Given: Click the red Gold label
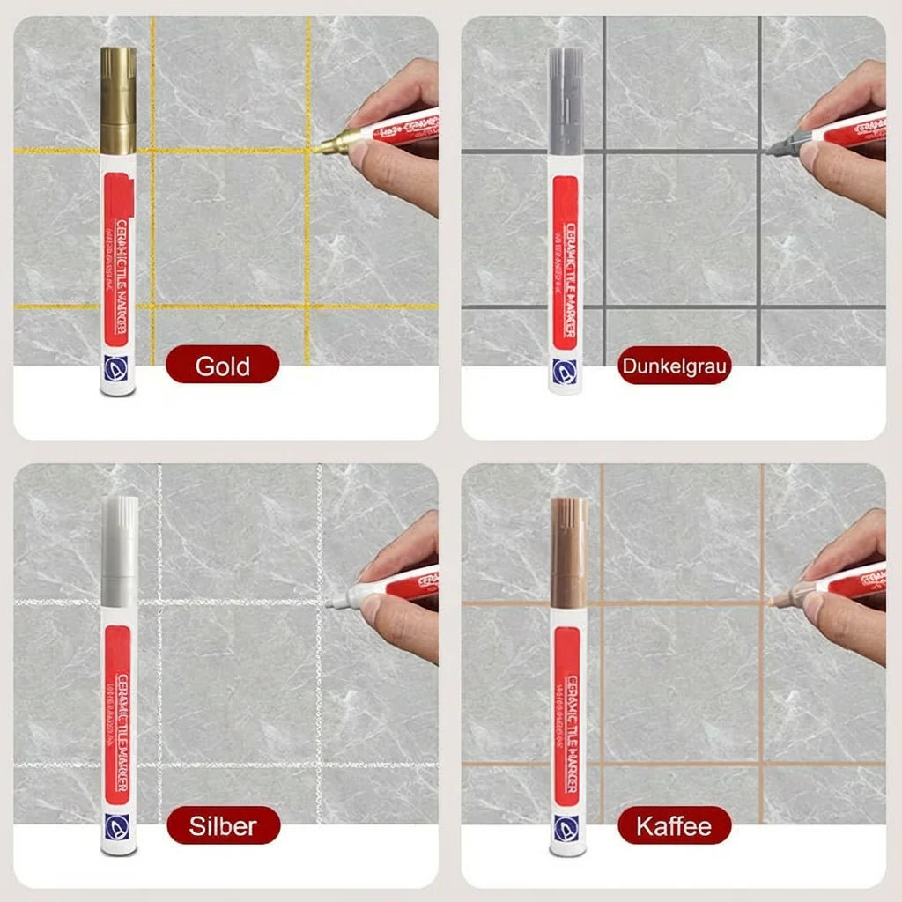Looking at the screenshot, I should pyautogui.click(x=222, y=365).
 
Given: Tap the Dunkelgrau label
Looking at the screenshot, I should pyautogui.click(x=675, y=366).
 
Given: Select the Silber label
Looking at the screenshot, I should pyautogui.click(x=223, y=826).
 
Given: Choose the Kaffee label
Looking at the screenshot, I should pyautogui.click(x=674, y=826).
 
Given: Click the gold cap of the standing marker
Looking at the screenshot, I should pyautogui.click(x=118, y=99).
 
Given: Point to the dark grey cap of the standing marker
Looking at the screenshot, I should pyautogui.click(x=566, y=99).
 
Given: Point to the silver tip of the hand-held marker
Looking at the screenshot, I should pyautogui.click(x=336, y=602).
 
